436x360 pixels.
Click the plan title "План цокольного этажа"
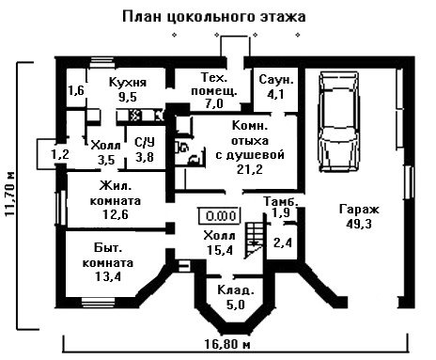tap(213, 17)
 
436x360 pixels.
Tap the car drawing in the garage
tap(339, 122)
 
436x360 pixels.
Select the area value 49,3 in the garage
tap(359, 224)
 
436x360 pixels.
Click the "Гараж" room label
tap(359, 209)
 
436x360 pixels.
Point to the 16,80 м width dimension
tap(227, 344)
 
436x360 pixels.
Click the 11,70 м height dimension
tap(10, 194)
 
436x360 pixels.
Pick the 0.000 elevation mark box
tap(219, 216)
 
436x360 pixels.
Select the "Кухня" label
tap(128, 83)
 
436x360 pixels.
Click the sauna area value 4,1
tap(275, 94)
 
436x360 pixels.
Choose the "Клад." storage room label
tap(236, 290)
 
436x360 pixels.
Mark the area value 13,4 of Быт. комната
tap(107, 276)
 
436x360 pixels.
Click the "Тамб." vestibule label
tap(281, 201)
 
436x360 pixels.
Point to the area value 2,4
tap(283, 243)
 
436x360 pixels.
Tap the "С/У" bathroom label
tap(145, 143)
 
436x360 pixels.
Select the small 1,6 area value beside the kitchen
tap(76, 90)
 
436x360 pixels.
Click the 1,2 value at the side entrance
tap(60, 154)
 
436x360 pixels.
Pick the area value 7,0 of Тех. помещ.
tap(214, 103)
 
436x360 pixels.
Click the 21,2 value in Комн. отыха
tap(250, 169)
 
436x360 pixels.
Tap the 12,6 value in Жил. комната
tap(116, 214)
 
